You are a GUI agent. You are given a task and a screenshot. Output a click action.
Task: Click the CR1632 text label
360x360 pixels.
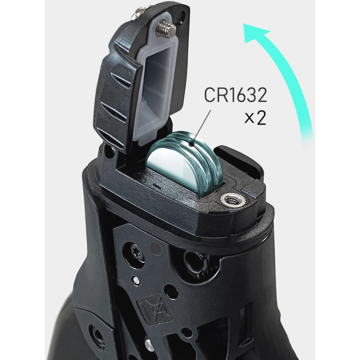tap(235, 95)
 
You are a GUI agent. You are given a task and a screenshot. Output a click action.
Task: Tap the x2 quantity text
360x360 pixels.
tap(255, 118)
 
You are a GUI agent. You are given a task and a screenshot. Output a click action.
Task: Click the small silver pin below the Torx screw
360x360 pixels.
tap(134, 279)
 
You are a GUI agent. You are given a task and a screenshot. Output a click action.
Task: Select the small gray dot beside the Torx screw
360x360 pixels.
tap(155, 248)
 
